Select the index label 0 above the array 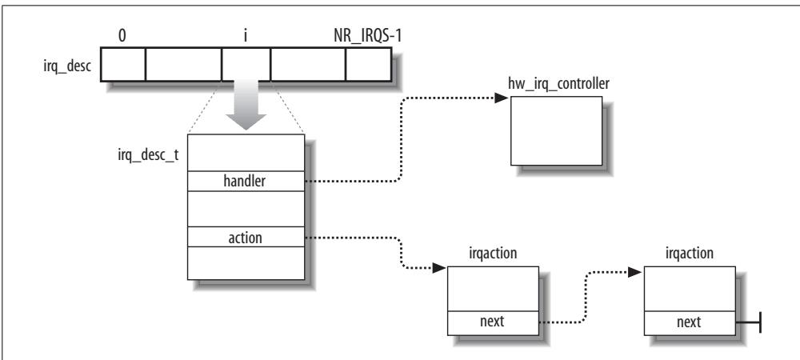[122, 38]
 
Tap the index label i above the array [246, 38]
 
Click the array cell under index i [246, 65]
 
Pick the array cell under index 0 [123, 65]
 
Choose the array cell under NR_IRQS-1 [369, 65]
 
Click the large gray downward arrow [246, 105]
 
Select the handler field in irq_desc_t [246, 181]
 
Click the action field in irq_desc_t [246, 237]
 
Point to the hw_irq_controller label [558, 84]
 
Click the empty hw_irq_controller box [557, 130]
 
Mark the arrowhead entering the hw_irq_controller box [502, 98]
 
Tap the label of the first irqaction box [493, 254]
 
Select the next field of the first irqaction [493, 322]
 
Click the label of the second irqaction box [690, 254]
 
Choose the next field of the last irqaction [690, 322]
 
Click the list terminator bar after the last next [760, 322]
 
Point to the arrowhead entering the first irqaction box [438, 268]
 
